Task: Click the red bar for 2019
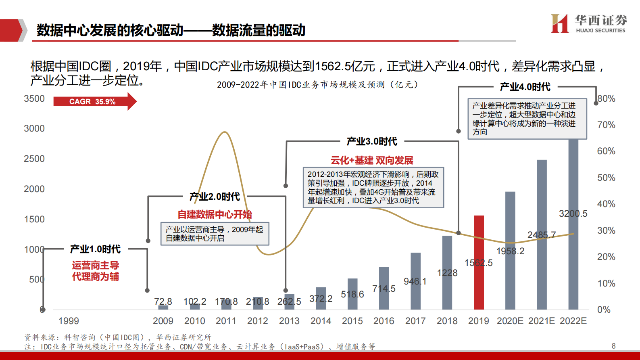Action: pyautogui.click(x=479, y=262)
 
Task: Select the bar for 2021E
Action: pyautogui.click(x=542, y=234)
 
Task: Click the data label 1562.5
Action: pyautogui.click(x=479, y=263)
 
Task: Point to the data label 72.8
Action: pyautogui.click(x=163, y=301)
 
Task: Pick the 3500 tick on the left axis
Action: pyautogui.click(x=34, y=99)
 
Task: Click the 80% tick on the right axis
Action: pyautogui.click(x=606, y=99)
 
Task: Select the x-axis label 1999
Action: pyautogui.click(x=69, y=321)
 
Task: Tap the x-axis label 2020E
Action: pyautogui.click(x=510, y=321)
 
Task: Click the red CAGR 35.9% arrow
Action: pyautogui.click(x=94, y=101)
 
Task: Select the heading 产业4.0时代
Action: pyautogui.click(x=525, y=87)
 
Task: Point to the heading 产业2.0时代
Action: pyautogui.click(x=215, y=197)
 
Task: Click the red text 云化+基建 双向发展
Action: pyautogui.click(x=372, y=160)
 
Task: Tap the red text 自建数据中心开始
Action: pyautogui.click(x=215, y=214)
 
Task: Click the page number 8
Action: pyautogui.click(x=613, y=346)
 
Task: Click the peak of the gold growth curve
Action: pyautogui.click(x=225, y=132)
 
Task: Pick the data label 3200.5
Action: pyautogui.click(x=573, y=213)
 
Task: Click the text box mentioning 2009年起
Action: pyautogui.click(x=215, y=234)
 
